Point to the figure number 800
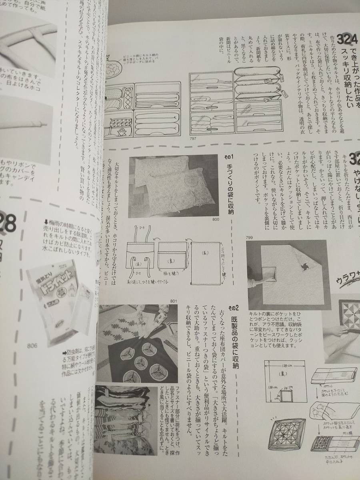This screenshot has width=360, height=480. [x=216, y=220]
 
